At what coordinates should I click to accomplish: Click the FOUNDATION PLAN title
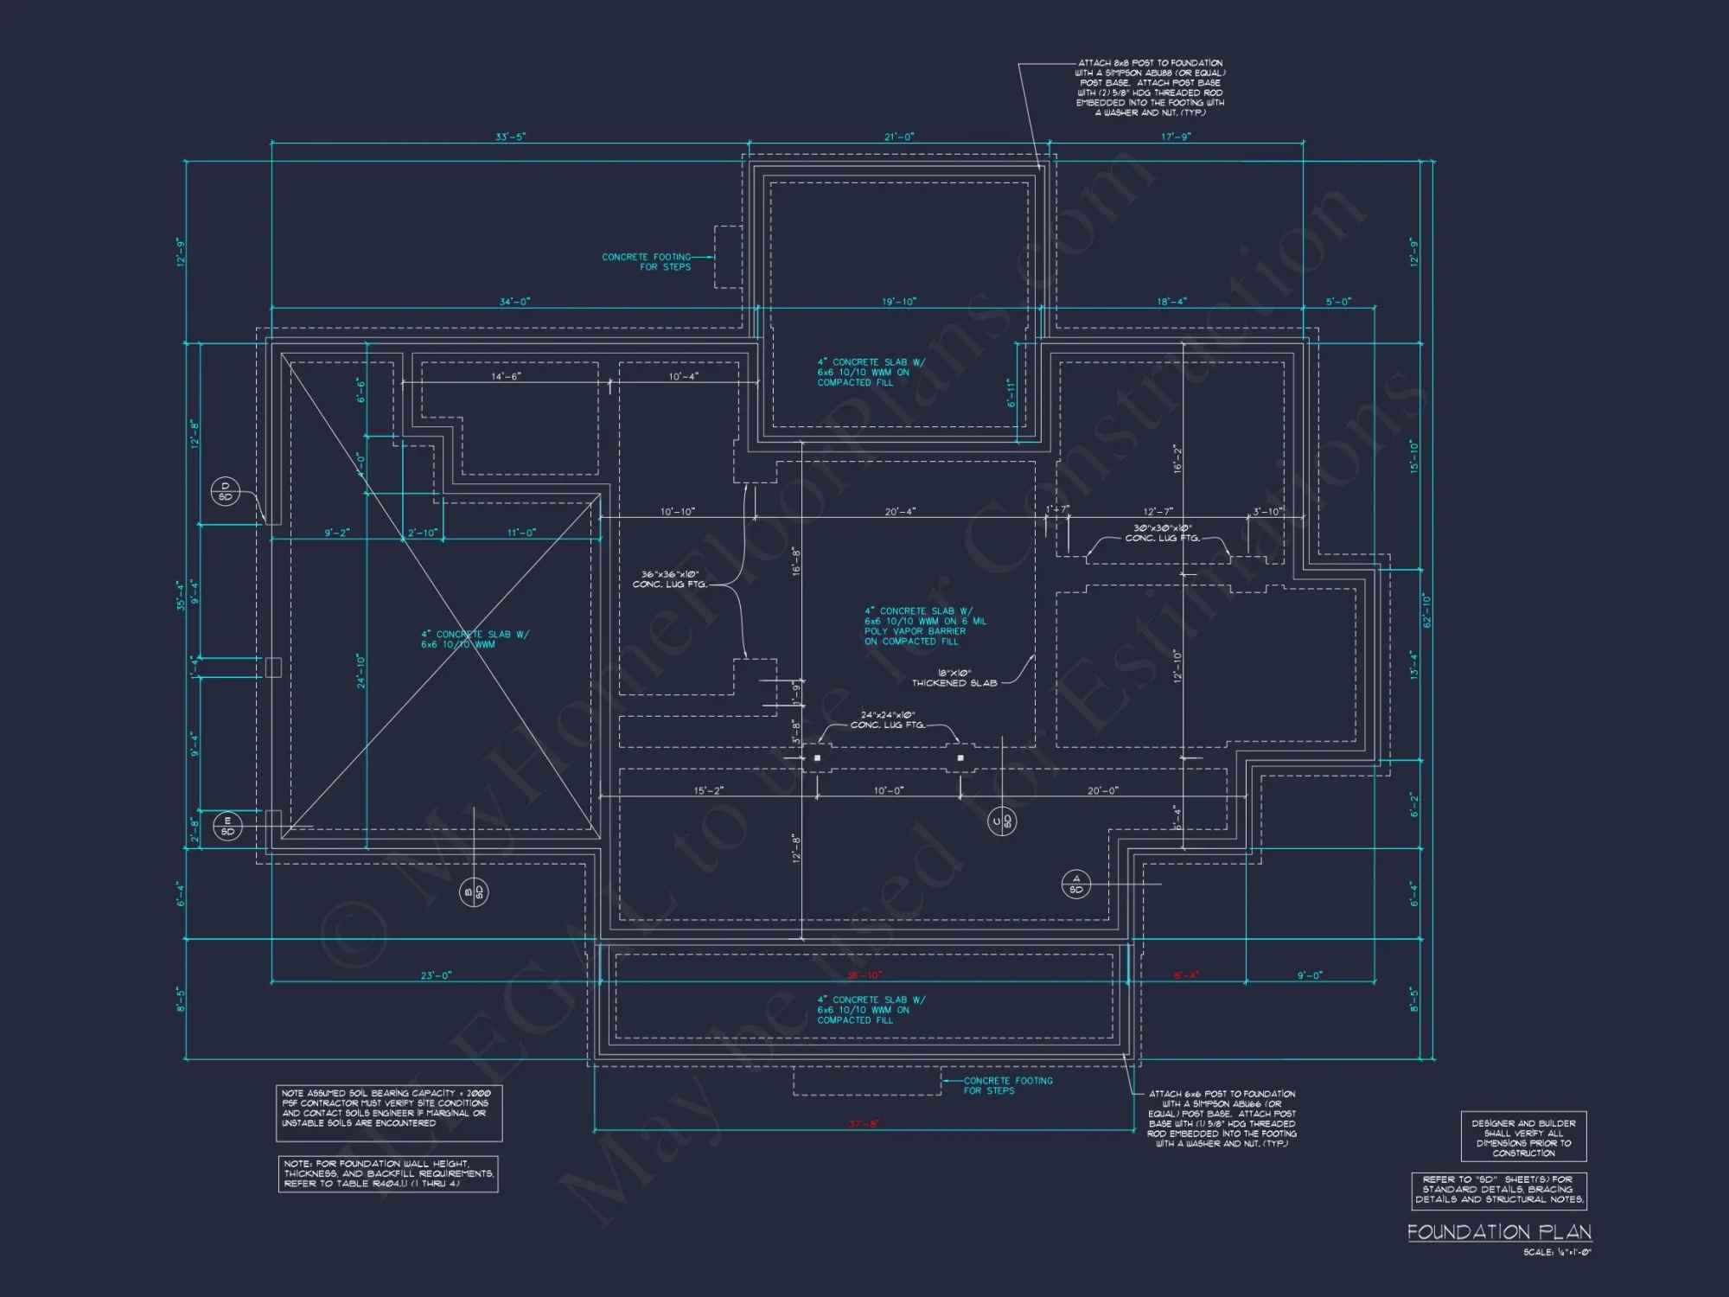tap(1499, 1232)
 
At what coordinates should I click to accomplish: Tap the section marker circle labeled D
tap(226, 491)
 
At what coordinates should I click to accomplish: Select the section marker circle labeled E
tap(227, 826)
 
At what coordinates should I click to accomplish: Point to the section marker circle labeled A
tap(1076, 884)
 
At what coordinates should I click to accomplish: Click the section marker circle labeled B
tap(474, 891)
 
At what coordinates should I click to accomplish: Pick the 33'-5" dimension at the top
tap(510, 137)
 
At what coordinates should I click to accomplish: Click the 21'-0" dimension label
tap(899, 137)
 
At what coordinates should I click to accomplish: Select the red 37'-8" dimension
tap(864, 1124)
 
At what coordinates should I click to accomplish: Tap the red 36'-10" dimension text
tap(864, 975)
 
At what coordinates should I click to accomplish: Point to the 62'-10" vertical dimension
tap(1426, 610)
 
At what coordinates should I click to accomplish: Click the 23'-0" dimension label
tap(436, 975)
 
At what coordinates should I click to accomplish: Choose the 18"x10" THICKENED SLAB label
tap(954, 678)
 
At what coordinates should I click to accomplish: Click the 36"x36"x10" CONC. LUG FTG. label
tap(670, 579)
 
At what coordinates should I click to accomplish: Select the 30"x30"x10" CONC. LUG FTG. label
tap(1163, 533)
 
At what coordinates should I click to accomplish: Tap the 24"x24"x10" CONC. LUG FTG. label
tap(888, 719)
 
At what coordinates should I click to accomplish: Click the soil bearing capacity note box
tap(389, 1113)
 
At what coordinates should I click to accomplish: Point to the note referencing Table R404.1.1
tap(388, 1174)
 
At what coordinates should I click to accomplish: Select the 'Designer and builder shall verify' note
tap(1523, 1137)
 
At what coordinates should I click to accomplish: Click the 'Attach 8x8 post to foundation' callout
tap(1151, 87)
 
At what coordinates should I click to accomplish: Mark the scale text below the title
tap(1557, 1252)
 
